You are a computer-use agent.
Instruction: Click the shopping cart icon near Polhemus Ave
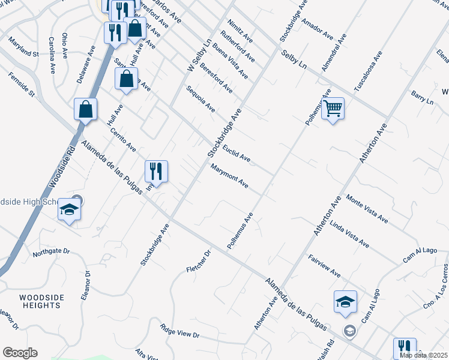(x=333, y=109)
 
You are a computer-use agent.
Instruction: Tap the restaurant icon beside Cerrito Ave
(x=156, y=172)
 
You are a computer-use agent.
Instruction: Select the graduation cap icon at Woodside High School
(x=69, y=211)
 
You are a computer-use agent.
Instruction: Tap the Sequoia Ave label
(x=200, y=99)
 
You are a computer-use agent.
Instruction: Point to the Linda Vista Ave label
(x=349, y=235)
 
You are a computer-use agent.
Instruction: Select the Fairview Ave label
(x=325, y=265)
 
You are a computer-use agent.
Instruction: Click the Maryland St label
(x=24, y=49)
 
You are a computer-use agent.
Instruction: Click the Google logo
(x=20, y=353)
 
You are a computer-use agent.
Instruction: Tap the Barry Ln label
(x=422, y=98)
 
